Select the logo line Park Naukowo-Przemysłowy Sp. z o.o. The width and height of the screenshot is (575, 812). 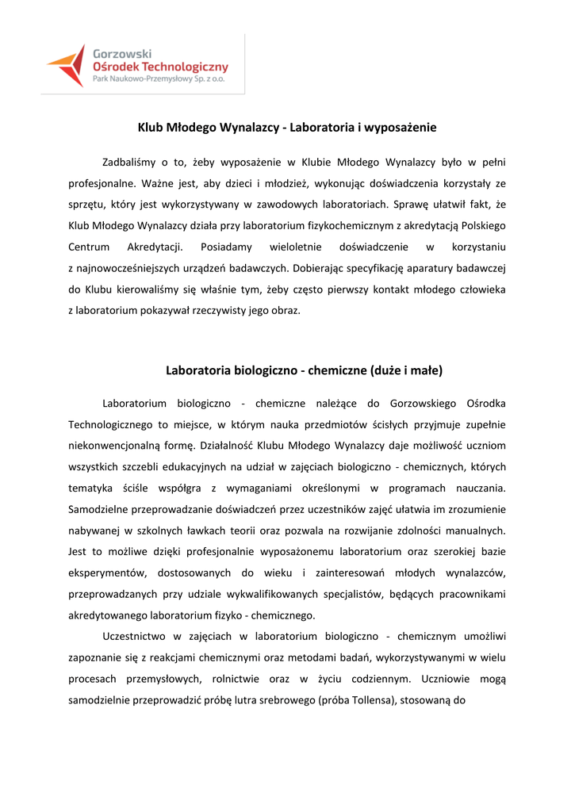click(x=159, y=80)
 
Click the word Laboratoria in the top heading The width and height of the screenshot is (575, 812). click(x=318, y=127)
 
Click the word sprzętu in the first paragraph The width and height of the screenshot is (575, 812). click(x=87, y=204)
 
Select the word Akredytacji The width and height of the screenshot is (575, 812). click(x=155, y=246)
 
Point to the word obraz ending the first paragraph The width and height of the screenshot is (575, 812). click(x=285, y=308)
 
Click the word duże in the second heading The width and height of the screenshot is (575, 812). click(x=385, y=370)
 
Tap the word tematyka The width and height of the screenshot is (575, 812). click(x=91, y=487)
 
